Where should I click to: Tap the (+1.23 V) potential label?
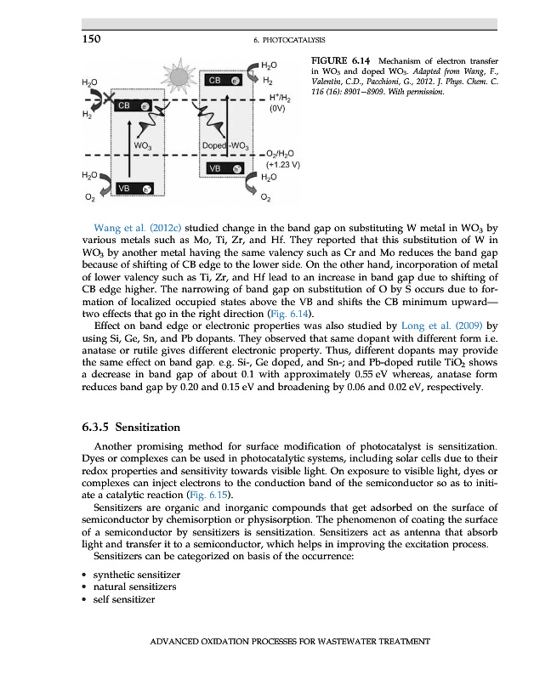tap(283, 165)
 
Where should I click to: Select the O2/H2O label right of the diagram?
tap(282, 153)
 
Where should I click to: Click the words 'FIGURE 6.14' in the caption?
tap(342, 60)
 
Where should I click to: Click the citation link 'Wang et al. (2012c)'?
tap(139, 229)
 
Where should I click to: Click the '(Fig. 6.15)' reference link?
tap(208, 496)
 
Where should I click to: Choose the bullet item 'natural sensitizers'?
tap(133, 586)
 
